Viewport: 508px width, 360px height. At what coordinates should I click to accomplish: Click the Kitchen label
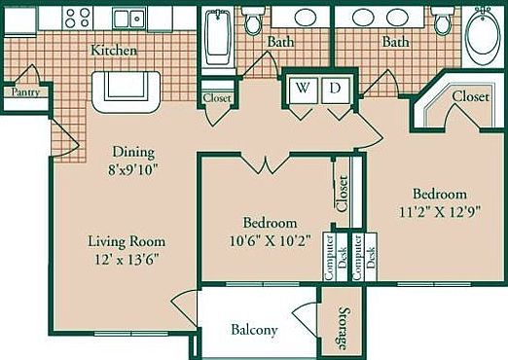pos(114,50)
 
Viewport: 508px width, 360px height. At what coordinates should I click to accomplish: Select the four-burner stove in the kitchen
pos(78,18)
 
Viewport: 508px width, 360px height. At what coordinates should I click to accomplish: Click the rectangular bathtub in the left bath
pos(215,40)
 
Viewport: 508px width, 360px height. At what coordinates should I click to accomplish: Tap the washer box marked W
pos(302,88)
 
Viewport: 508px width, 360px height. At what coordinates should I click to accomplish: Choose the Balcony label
pos(254,330)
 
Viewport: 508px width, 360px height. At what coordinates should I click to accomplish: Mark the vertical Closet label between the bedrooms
pos(342,192)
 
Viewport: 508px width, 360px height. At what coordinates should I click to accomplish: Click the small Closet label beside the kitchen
pos(215,98)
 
